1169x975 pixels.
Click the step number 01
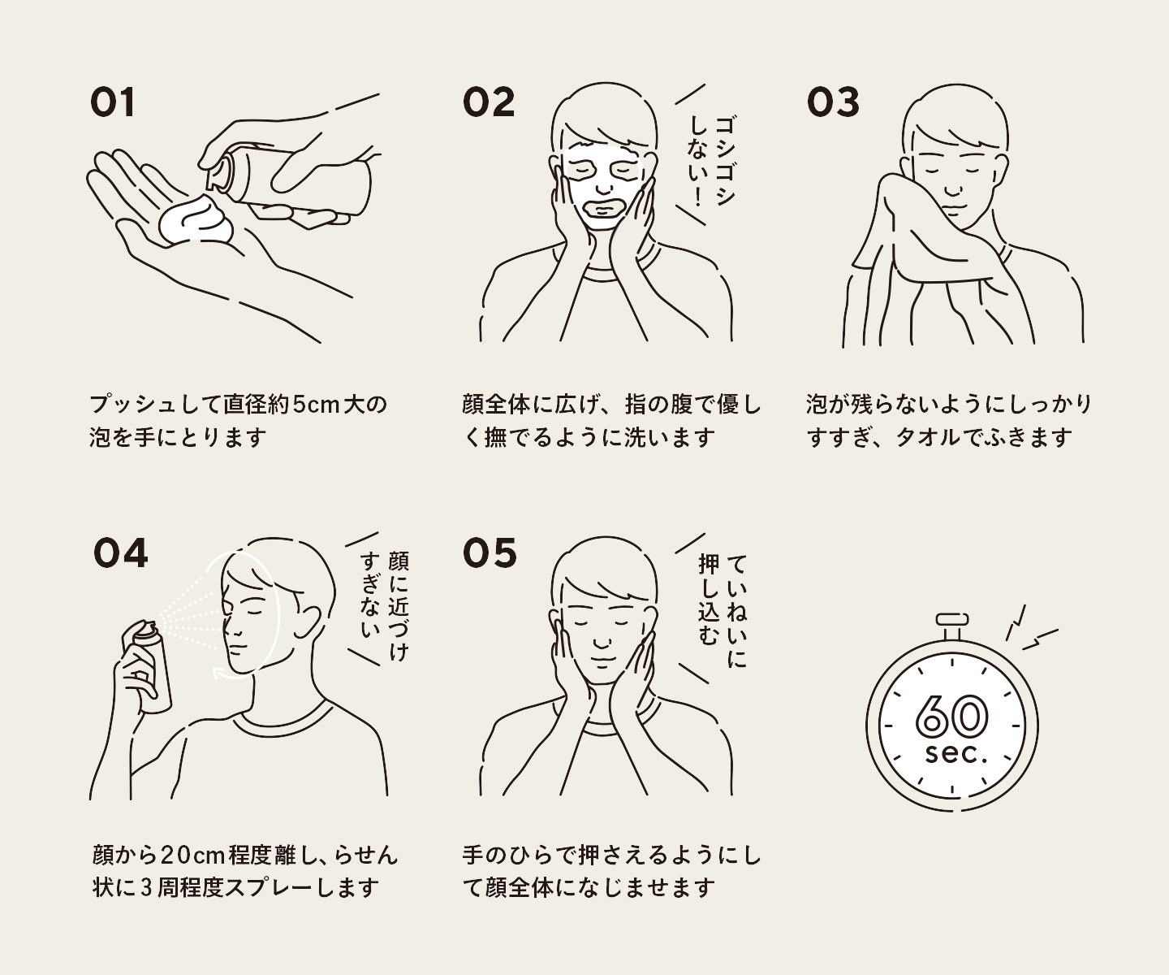(x=113, y=102)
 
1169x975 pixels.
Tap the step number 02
(x=488, y=102)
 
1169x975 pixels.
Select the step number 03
(x=833, y=102)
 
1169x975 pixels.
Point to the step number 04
(x=120, y=553)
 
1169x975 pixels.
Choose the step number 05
(x=490, y=553)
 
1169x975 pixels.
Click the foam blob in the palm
(x=196, y=222)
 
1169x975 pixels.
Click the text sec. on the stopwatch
(x=955, y=754)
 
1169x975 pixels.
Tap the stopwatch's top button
(x=952, y=620)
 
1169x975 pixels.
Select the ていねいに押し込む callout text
(x=723, y=611)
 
